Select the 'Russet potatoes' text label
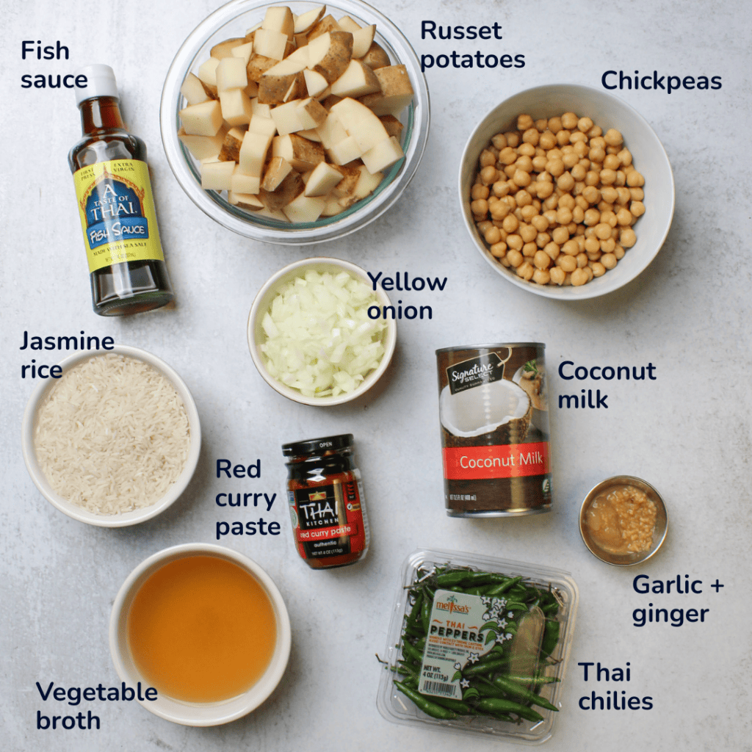point(472,45)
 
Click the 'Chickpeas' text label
point(661,81)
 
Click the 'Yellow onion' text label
point(406,295)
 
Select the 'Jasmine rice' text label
point(66,355)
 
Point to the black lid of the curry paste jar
point(317,446)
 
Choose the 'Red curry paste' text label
point(247,498)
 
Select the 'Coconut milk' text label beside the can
point(606,384)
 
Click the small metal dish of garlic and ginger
point(623,520)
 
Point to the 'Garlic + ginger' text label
point(678,599)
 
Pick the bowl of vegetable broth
point(200,627)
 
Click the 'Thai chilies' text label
point(615,686)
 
